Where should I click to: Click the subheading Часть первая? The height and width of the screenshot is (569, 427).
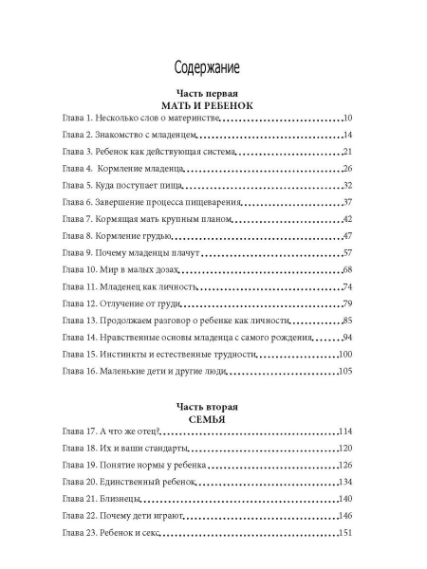[206, 95]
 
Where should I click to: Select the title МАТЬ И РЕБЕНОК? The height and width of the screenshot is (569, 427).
[206, 106]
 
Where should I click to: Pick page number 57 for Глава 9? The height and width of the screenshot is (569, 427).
[347, 253]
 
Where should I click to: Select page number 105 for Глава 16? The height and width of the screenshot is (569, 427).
[344, 371]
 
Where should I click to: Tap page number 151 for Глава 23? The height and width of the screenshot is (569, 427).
[344, 534]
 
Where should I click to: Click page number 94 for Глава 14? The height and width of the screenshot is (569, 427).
[347, 337]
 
